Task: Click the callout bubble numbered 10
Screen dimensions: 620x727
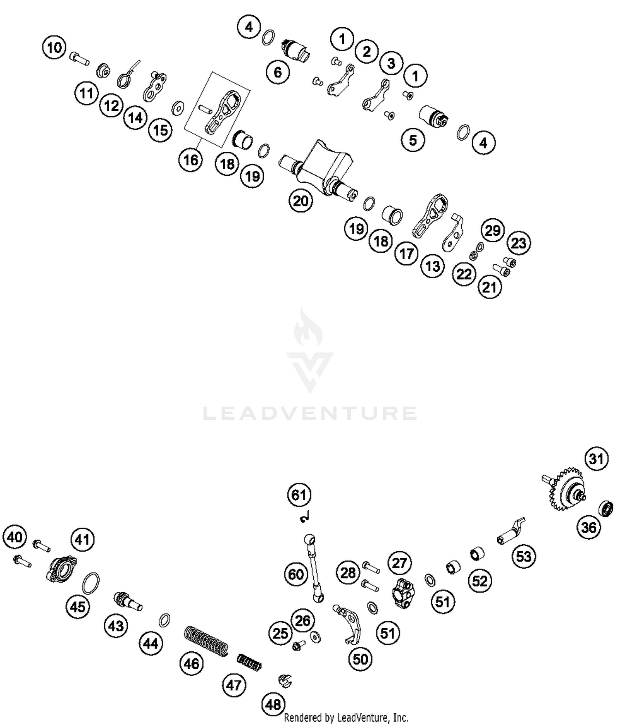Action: pyautogui.click(x=55, y=48)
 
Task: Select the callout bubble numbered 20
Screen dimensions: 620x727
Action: pyautogui.click(x=300, y=201)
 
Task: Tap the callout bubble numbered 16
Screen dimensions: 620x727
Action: pyautogui.click(x=191, y=160)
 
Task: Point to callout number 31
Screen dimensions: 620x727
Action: pyautogui.click(x=596, y=459)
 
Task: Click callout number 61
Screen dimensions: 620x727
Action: pyautogui.click(x=299, y=495)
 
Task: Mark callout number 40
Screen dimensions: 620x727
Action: pyautogui.click(x=15, y=537)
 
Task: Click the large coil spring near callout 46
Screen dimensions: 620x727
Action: pyautogui.click(x=206, y=640)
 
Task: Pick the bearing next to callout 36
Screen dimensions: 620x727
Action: pyautogui.click(x=606, y=508)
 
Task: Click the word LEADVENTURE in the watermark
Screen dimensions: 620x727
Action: pyautogui.click(x=310, y=413)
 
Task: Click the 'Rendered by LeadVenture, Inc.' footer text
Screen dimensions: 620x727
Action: pyautogui.click(x=346, y=717)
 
